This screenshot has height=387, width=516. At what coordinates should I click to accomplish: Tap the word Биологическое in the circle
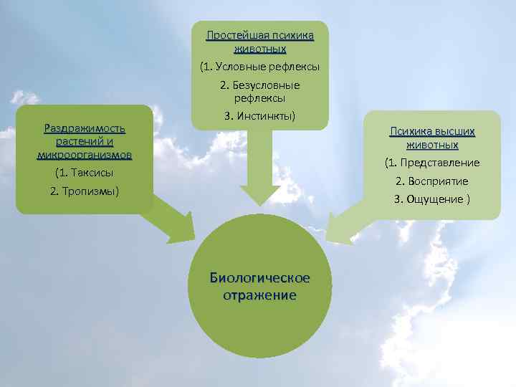259,278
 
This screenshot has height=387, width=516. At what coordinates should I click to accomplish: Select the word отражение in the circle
259,295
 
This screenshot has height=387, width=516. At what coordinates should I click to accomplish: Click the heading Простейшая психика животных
259,42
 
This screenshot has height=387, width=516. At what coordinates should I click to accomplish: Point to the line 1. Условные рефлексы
259,67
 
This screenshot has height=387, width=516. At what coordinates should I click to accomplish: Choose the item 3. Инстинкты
259,115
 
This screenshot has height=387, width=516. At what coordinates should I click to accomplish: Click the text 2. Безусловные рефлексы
259,91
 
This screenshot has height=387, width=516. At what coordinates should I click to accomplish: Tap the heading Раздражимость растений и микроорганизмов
85,141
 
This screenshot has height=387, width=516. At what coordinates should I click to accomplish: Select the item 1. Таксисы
85,173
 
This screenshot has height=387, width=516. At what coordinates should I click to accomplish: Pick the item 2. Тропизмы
85,191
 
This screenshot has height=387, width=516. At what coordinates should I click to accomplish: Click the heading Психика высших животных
432,138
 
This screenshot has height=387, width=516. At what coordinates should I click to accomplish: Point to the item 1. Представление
432,163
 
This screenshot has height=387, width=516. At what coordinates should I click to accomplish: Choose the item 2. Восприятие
432,181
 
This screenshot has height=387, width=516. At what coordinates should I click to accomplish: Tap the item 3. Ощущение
432,199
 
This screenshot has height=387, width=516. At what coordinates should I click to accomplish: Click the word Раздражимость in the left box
85,128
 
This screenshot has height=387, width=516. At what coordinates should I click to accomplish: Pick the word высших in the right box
454,132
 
